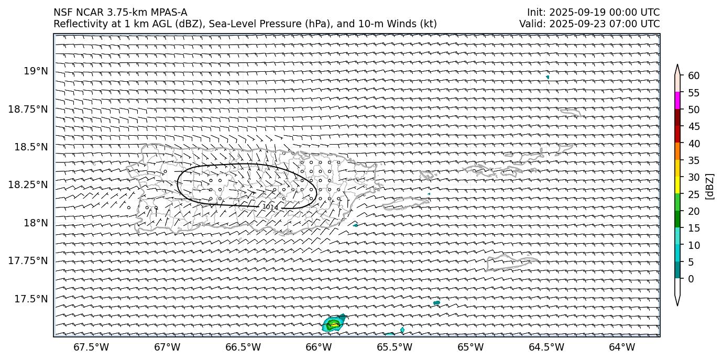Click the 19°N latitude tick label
click(x=36, y=71)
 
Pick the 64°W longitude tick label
click(x=622, y=347)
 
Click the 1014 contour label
click(x=270, y=207)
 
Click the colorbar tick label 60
click(x=694, y=76)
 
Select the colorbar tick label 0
click(x=691, y=279)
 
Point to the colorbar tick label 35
click(x=694, y=160)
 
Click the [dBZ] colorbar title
click(x=710, y=186)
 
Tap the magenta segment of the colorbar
click(x=677, y=101)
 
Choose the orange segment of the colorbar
click(x=677, y=151)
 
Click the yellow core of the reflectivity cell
click(x=334, y=325)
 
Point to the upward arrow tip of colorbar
click(x=677, y=66)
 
